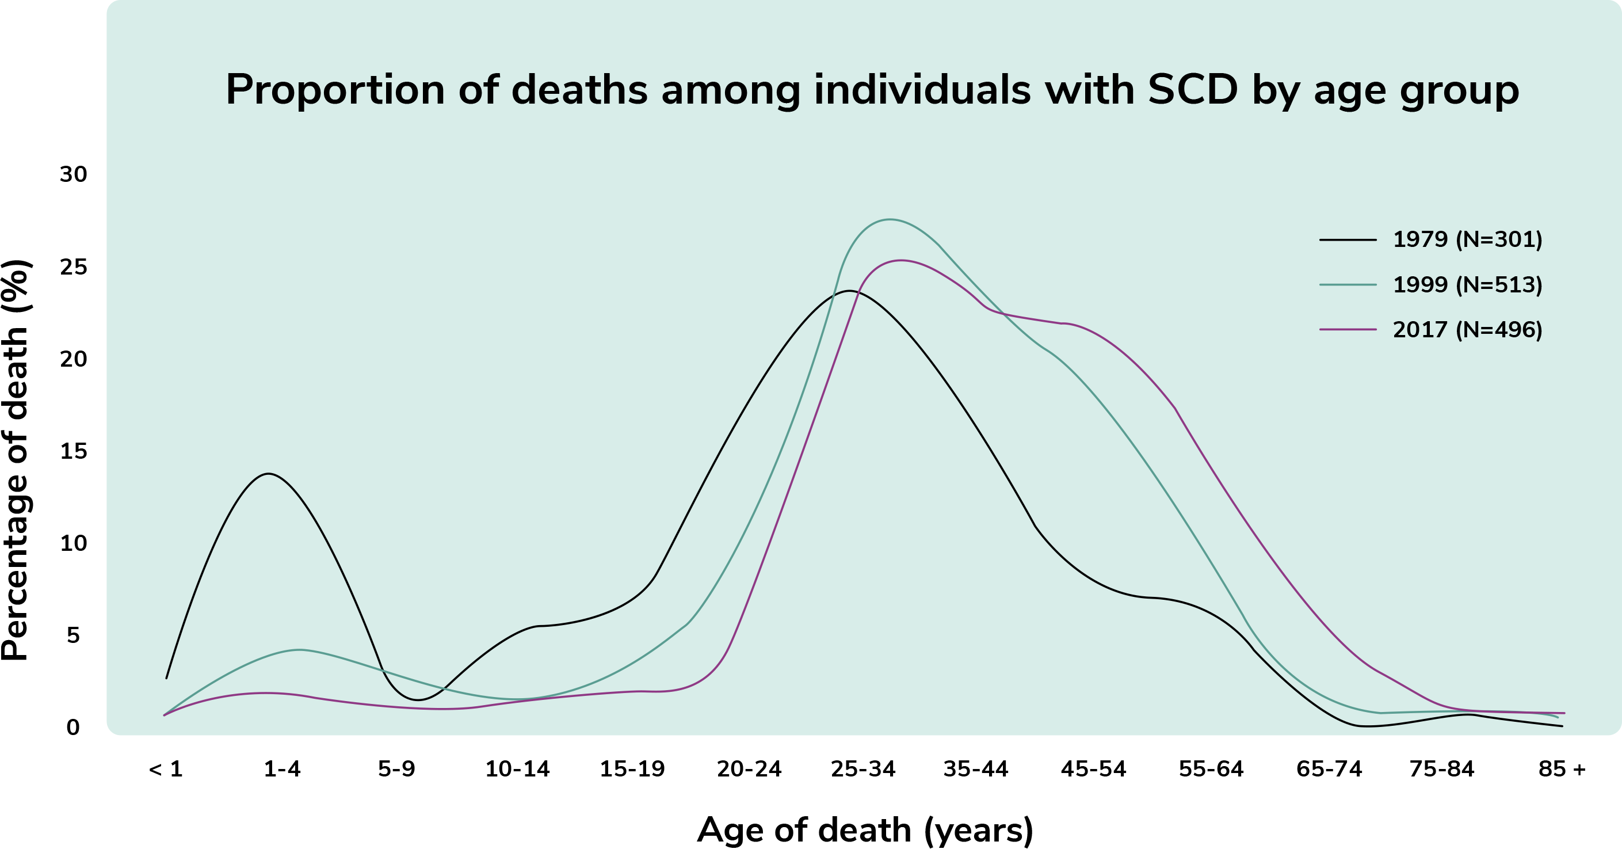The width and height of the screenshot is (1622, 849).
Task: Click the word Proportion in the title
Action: [335, 90]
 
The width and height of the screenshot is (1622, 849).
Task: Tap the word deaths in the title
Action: [579, 90]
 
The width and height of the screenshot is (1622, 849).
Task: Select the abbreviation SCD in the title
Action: [1193, 90]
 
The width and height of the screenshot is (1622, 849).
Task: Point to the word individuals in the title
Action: [922, 90]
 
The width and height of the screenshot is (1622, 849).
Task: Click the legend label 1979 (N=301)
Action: [1467, 239]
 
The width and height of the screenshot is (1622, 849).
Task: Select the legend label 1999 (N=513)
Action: [1467, 285]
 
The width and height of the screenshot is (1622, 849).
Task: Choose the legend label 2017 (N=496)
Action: [1467, 329]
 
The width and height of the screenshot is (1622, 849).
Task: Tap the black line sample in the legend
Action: [1348, 239]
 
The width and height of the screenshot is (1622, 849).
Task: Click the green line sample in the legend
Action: [1348, 285]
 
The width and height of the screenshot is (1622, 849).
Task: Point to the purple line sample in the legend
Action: [1348, 329]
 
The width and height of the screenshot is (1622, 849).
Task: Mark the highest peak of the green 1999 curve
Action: [889, 219]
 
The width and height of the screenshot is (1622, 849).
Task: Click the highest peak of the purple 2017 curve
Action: [901, 260]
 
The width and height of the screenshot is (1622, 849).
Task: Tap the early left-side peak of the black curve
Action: [269, 473]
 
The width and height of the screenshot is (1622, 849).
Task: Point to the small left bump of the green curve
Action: [300, 649]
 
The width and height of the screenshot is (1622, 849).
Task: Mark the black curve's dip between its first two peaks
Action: [418, 700]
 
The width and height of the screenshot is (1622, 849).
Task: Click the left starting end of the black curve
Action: [166, 678]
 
